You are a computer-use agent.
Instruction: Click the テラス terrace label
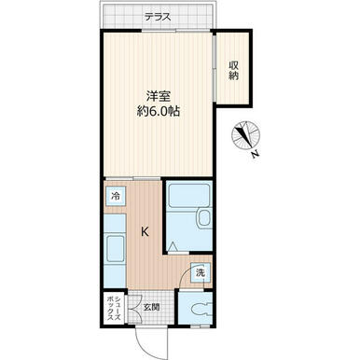(x=158, y=17)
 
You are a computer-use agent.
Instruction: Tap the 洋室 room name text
(x=159, y=96)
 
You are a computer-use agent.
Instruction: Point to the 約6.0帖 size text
(x=159, y=111)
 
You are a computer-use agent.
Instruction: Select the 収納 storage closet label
(x=233, y=71)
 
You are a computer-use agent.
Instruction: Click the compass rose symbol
(x=246, y=135)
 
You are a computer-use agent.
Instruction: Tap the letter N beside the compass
(x=256, y=154)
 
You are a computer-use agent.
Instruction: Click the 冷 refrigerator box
(x=116, y=196)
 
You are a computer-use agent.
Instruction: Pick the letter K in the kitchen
(x=145, y=231)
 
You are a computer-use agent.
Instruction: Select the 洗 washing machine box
(x=201, y=272)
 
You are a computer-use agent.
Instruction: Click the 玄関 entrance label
(x=152, y=308)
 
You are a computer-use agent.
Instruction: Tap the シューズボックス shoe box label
(x=114, y=309)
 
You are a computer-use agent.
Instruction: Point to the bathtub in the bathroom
(x=188, y=196)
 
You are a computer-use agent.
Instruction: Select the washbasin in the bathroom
(x=204, y=219)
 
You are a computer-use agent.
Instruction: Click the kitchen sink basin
(x=116, y=249)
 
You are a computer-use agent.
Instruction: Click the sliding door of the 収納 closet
(x=215, y=66)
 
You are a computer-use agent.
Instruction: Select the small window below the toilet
(x=200, y=326)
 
